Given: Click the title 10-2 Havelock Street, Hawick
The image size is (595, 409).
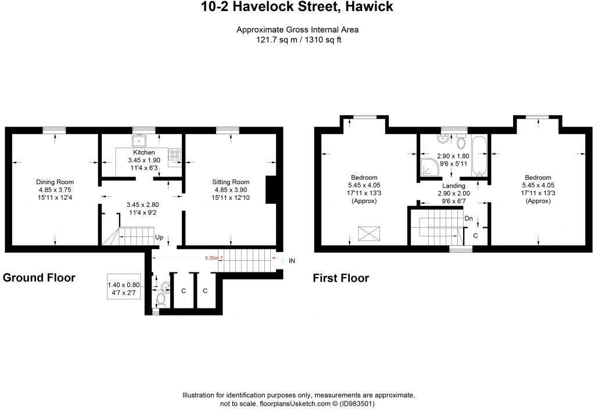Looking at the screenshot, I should (297, 8).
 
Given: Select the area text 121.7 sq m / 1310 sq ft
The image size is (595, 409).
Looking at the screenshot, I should (297, 41).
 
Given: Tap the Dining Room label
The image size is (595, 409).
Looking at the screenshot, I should (55, 182).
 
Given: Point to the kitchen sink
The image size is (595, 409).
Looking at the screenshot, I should (139, 141).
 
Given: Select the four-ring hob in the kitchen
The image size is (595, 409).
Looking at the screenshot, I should (174, 154).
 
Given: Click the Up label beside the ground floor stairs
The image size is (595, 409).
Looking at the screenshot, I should (159, 237).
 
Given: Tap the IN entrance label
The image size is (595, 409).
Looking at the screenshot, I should (292, 261).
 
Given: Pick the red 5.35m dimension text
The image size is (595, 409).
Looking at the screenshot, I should (212, 258).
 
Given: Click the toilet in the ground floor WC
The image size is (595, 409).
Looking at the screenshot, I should (161, 300).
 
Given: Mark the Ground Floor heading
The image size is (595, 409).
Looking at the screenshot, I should (39, 278).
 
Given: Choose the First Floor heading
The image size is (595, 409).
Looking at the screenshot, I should (341, 278).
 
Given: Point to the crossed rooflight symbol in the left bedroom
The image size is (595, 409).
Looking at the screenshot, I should (367, 234).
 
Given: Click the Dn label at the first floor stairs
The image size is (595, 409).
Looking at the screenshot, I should (468, 218).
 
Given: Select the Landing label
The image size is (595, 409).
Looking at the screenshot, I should (453, 186).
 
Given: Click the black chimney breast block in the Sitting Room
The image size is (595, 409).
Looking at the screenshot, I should (270, 190).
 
